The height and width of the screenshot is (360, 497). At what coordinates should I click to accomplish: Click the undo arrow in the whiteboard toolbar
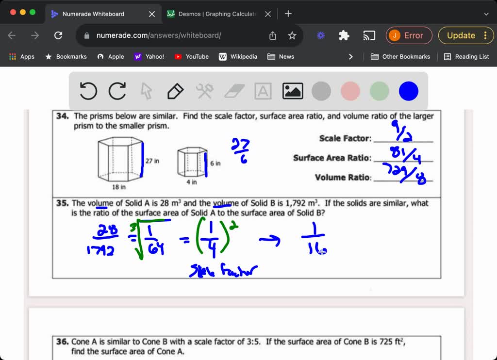click(88, 91)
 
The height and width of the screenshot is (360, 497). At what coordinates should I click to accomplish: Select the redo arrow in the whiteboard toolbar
click(117, 91)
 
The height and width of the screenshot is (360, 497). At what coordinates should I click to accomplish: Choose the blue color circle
click(408, 91)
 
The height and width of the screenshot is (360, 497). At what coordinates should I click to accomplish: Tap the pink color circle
click(350, 91)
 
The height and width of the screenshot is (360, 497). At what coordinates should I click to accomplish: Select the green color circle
click(380, 91)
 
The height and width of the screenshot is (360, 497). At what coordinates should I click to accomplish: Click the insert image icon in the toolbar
click(293, 91)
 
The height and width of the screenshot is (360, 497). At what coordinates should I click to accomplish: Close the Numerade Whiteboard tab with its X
click(152, 14)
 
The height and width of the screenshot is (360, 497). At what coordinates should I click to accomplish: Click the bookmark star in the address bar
click(292, 35)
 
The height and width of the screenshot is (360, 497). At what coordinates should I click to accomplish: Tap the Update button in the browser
click(461, 35)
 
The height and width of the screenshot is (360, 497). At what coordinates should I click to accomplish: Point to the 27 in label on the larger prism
click(152, 161)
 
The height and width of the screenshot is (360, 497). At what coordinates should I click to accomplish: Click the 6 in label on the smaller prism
click(215, 164)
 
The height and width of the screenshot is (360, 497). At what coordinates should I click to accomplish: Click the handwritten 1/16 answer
click(315, 243)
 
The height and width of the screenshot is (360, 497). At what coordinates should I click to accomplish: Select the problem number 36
click(63, 342)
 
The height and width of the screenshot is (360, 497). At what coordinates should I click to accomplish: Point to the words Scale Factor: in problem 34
click(345, 139)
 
